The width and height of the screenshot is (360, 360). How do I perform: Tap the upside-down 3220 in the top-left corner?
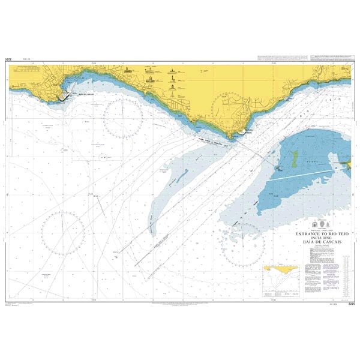(x=8, y=59)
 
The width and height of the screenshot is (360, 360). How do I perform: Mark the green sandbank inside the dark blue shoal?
(x=295, y=158)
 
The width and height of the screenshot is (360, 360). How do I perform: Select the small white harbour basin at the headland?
(x=242, y=133)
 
